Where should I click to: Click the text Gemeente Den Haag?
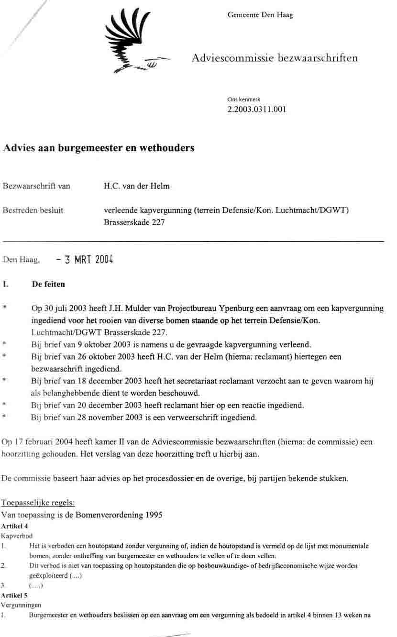coord(260,15)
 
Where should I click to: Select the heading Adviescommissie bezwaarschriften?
coord(275,58)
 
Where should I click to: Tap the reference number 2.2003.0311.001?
coord(257,109)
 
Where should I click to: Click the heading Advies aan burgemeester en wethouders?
coord(99,148)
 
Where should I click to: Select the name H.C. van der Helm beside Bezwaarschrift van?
coord(136,186)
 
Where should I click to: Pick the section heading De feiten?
coord(48,284)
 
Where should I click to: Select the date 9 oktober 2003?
coord(95,344)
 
